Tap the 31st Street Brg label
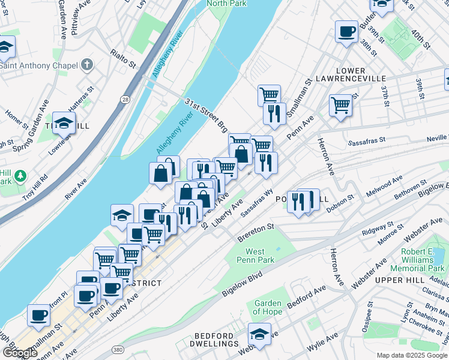tap(206, 115)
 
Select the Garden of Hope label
tap(267, 307)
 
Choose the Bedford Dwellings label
tap(216, 340)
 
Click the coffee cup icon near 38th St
tap(346, 31)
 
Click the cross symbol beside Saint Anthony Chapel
tap(87, 64)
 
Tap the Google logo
tap(19, 353)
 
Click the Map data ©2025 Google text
tap(412, 355)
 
